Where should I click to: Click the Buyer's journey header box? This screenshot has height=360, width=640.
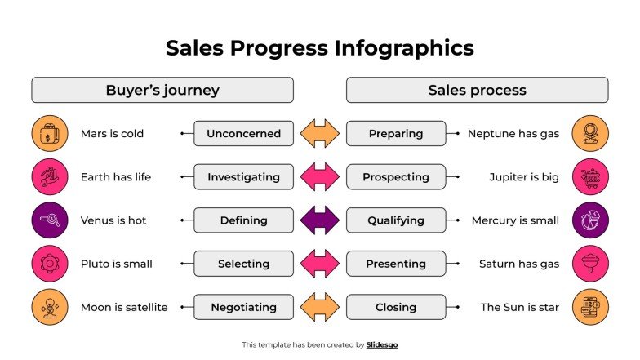(162, 90)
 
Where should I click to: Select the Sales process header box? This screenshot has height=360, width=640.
(477, 90)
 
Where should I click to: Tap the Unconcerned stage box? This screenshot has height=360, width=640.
(243, 133)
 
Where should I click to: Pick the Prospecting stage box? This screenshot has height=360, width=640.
(396, 176)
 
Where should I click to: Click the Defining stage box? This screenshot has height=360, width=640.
(243, 220)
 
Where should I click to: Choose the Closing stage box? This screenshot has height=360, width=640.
(396, 308)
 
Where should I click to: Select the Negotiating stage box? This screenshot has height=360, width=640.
(243, 308)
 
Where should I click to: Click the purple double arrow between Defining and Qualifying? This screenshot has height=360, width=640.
(319, 220)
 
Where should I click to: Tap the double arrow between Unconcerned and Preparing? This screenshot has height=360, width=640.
(319, 133)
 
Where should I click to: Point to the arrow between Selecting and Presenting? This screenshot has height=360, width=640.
(319, 264)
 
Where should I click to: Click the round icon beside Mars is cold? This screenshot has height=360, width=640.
(50, 133)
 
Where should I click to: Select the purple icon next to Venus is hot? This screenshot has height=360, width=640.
(50, 220)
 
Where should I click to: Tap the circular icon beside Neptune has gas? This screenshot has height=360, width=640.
(589, 133)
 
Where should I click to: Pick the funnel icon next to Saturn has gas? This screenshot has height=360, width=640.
(589, 264)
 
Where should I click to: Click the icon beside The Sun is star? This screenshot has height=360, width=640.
(589, 308)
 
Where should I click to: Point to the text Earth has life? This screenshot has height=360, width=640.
(115, 176)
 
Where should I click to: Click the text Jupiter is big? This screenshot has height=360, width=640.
(524, 176)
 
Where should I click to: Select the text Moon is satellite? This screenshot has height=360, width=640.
(123, 308)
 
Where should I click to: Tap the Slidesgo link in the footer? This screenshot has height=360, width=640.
(382, 344)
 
